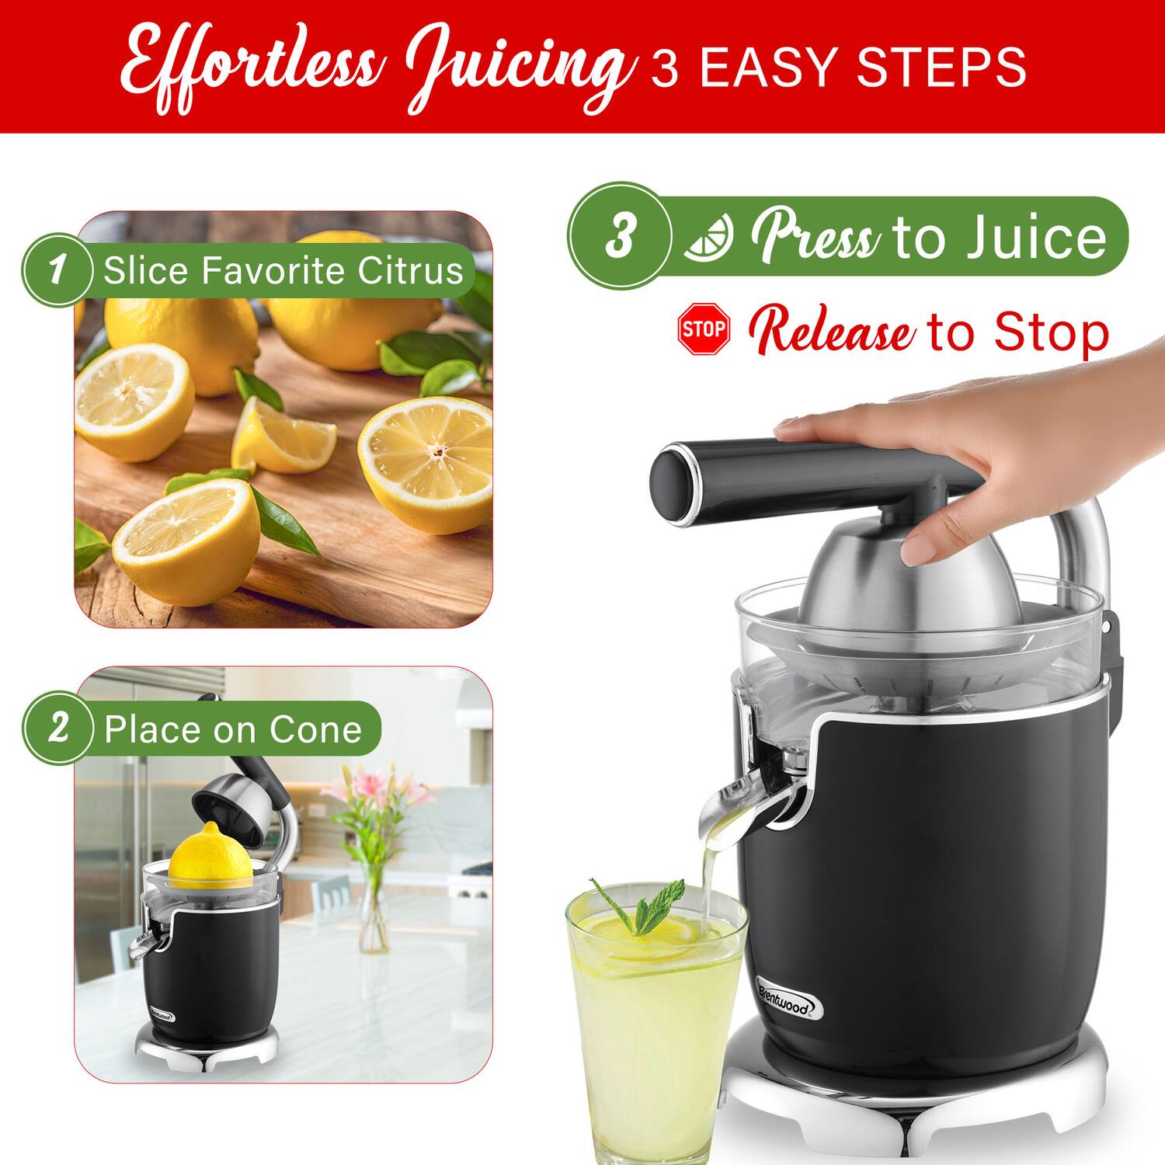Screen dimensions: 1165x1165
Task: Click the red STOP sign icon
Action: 704,329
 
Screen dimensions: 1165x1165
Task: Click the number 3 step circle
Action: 619,236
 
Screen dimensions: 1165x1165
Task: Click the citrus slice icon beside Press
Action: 708,237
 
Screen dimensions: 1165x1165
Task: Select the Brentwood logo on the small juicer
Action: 162,1014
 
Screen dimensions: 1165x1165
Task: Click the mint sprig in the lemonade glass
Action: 641,905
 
